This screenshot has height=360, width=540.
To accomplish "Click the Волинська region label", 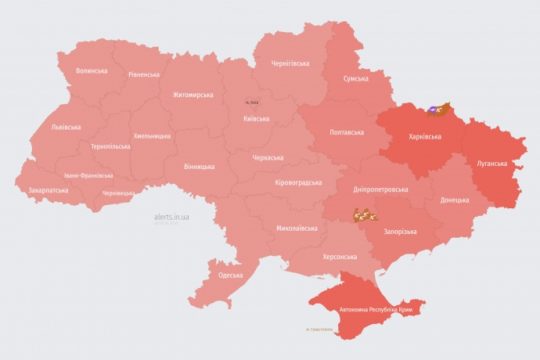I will point(92,71).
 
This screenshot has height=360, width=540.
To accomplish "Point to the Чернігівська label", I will point(290,63).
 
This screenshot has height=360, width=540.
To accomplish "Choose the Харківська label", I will point(425,136).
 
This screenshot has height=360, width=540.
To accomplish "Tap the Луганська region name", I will point(492,164).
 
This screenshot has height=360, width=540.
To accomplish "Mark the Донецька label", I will point(455,200).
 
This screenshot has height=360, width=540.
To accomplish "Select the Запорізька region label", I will point(400,232).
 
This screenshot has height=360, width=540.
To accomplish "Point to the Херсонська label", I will point(340,257).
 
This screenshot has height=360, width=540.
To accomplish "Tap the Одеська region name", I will point(230,275).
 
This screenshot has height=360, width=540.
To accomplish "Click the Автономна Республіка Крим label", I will point(375,310).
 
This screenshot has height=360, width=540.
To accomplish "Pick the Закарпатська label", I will point(49,190).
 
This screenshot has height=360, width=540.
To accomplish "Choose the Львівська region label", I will point(66,127).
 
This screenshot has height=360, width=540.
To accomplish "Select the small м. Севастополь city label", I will point(319,329).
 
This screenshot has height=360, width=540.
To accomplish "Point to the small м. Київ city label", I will point(252,103).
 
